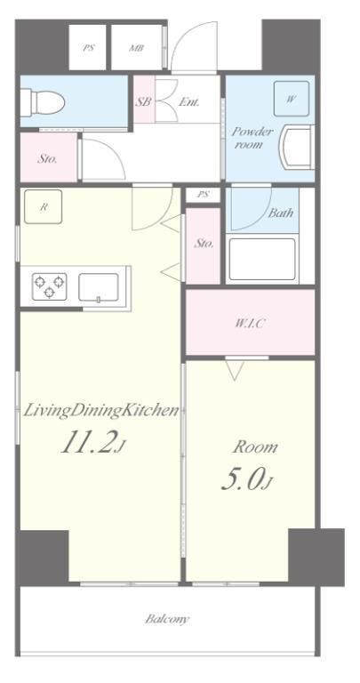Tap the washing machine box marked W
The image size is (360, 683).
(x=292, y=99)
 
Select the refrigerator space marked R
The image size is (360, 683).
(x=43, y=207)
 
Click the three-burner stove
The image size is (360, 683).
(x=50, y=286)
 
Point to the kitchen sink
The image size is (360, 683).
(x=99, y=287)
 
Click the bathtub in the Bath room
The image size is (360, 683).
(x=262, y=260)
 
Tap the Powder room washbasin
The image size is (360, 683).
(x=297, y=147)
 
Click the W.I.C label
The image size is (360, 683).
(x=250, y=323)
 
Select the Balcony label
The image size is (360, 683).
(x=168, y=619)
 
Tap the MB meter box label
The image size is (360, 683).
(x=137, y=48)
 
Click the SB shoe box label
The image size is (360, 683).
(x=143, y=102)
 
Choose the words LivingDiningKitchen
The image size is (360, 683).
(x=101, y=411)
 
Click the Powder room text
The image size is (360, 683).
(x=252, y=138)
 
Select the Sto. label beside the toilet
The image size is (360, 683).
(x=47, y=159)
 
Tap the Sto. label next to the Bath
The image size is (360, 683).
(x=204, y=244)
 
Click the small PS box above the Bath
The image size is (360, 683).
(x=204, y=195)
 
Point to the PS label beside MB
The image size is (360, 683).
(x=88, y=48)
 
